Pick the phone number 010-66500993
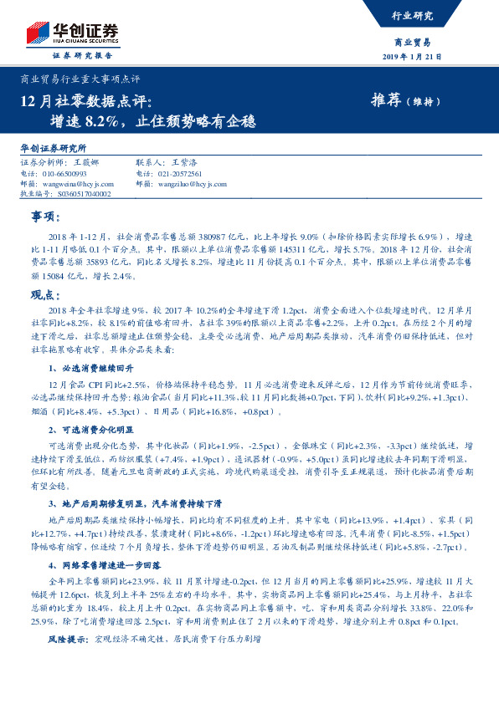[64, 173]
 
